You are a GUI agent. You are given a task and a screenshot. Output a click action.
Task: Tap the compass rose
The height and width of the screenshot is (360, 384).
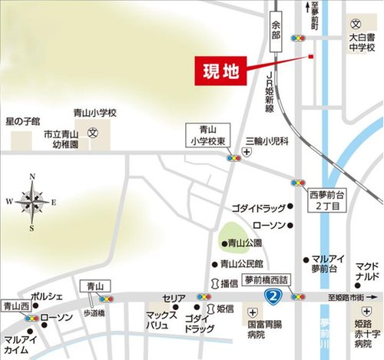pyautogui.click(x=32, y=202)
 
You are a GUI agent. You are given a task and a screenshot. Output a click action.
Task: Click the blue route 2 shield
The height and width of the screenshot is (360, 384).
pyautogui.click(x=270, y=295)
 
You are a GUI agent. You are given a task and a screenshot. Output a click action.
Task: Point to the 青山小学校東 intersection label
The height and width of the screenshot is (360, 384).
pyautogui.click(x=207, y=136)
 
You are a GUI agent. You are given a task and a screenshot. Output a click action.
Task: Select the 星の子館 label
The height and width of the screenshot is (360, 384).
pyautogui.click(x=23, y=121)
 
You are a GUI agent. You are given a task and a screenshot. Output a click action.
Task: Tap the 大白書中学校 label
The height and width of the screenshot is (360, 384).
pyautogui.click(x=359, y=41)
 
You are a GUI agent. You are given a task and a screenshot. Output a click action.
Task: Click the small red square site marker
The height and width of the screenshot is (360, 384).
pyautogui.click(x=311, y=56)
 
